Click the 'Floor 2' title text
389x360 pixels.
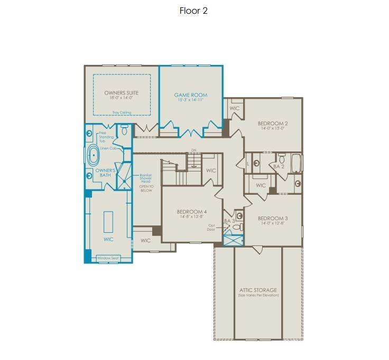[x=193, y=11]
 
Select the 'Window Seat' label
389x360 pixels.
[x=108, y=259]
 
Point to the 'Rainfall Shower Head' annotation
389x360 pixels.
[x=146, y=178]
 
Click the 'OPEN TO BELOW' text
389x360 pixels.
[x=146, y=188]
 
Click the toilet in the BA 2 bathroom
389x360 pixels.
[x=282, y=158]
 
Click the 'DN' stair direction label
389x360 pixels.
[x=193, y=150]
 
